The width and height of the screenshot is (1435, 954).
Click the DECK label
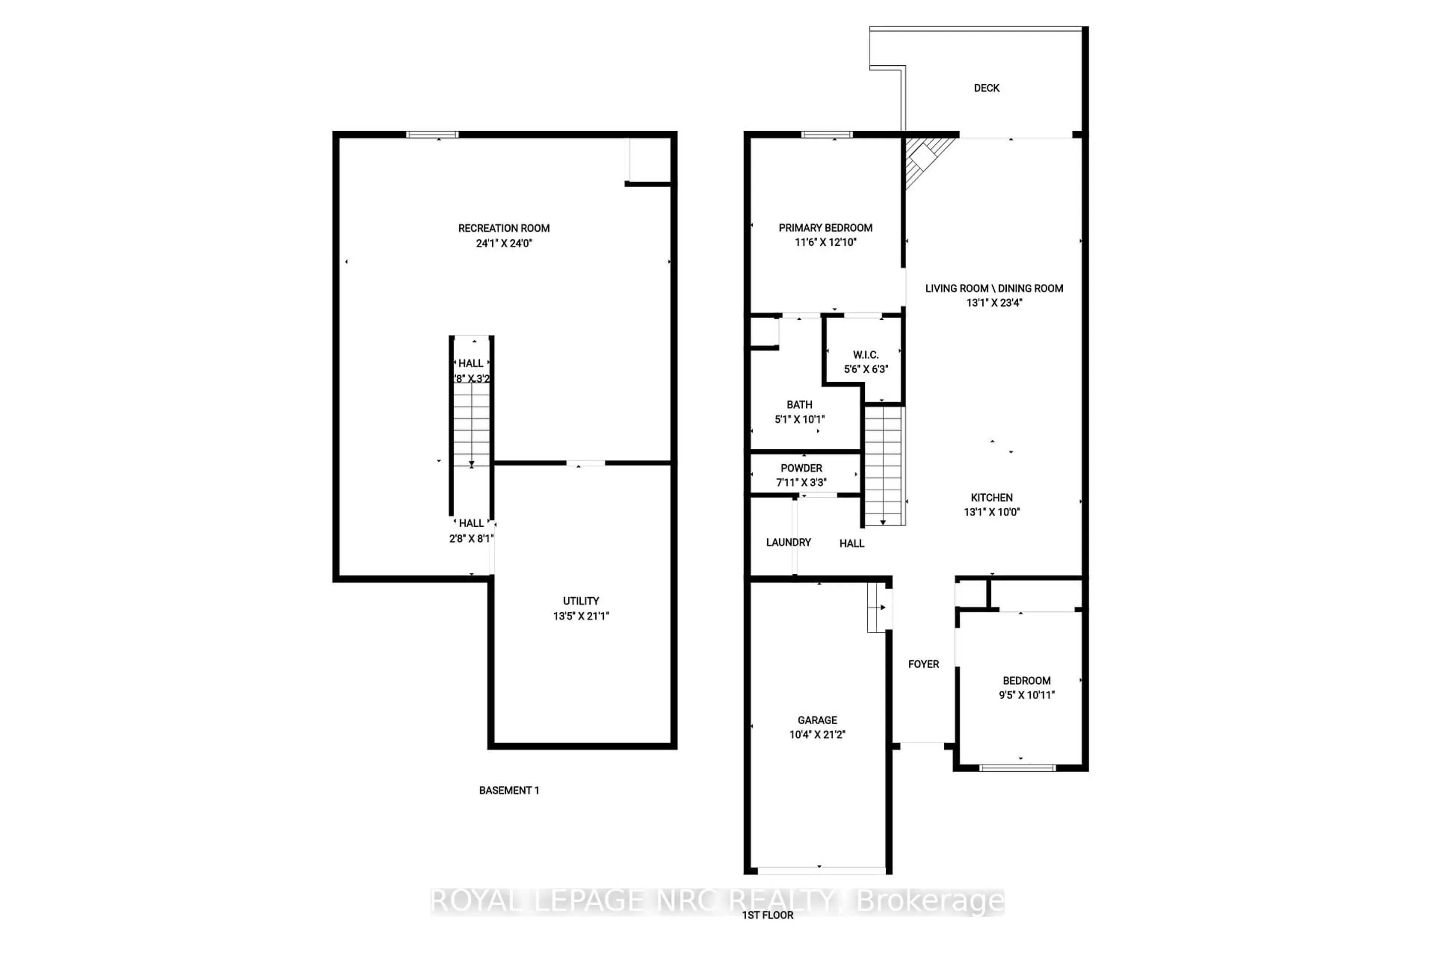(986, 88)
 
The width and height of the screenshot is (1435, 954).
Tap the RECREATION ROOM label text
(503, 228)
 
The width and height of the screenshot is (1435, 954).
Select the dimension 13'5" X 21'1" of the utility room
(581, 616)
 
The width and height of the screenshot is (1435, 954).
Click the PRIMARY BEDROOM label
(825, 227)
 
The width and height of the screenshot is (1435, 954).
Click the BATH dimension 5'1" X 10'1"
(799, 419)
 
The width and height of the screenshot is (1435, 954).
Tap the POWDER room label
(801, 468)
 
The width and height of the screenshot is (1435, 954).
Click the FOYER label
(923, 664)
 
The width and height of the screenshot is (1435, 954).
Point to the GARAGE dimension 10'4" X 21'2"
(817, 734)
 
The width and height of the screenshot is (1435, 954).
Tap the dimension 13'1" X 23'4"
(994, 303)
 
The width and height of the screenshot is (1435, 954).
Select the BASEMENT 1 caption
(509, 790)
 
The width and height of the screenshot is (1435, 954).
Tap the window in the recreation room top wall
(432, 134)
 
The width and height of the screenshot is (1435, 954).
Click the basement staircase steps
(471, 423)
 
